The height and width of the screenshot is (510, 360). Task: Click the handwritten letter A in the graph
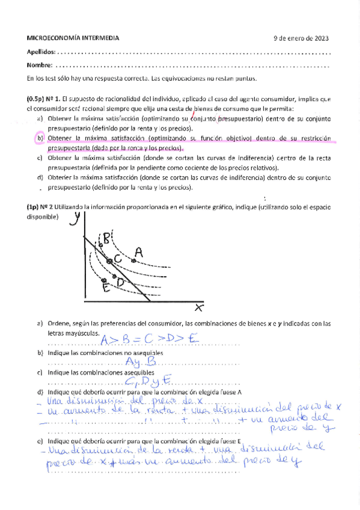coord(139,253)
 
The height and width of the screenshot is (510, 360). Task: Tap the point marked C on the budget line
coord(109,260)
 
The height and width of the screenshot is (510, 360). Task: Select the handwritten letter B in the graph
coord(106,238)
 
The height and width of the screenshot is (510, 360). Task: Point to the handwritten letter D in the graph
coord(121,281)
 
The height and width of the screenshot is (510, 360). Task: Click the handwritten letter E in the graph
coord(106,287)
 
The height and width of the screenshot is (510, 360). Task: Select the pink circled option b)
coord(40,138)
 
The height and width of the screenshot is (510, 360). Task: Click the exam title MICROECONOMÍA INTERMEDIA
coord(73,38)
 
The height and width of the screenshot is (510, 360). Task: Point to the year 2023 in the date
coord(322,38)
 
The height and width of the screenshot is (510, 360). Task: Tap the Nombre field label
coord(40,65)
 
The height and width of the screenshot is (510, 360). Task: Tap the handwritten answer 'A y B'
coord(142,361)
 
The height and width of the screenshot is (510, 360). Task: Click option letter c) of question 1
coord(40,158)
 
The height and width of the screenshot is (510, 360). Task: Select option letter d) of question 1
coord(40,177)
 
